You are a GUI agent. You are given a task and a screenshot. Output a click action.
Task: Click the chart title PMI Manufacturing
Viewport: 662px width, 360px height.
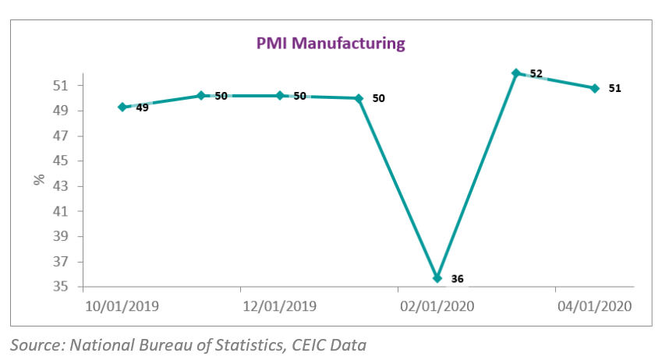click(x=331, y=43)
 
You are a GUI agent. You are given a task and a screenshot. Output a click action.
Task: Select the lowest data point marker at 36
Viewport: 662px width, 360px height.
click(x=437, y=278)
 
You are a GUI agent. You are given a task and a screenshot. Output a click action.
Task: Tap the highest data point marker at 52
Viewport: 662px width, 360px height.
click(x=516, y=73)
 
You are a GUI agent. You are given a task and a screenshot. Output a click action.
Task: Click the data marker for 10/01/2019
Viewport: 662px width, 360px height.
click(x=122, y=107)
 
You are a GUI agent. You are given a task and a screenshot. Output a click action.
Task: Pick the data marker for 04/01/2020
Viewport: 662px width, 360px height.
click(x=595, y=88)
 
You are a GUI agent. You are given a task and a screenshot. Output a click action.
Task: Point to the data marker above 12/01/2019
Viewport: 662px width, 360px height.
click(x=280, y=95)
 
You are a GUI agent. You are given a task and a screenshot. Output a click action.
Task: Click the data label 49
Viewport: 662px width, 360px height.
click(x=142, y=108)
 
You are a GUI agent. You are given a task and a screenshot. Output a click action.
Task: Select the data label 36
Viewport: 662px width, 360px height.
click(x=457, y=278)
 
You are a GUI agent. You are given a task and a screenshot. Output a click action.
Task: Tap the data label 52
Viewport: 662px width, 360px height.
click(x=536, y=74)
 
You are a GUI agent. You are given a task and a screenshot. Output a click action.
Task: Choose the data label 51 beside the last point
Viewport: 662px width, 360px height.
click(x=614, y=88)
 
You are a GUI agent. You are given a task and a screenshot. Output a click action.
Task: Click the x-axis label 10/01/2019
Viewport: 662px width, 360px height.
click(x=122, y=306)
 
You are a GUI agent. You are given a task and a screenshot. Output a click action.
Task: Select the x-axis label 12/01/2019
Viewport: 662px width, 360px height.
click(x=280, y=306)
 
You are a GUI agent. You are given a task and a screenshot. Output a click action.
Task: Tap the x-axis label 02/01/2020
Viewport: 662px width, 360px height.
click(x=437, y=306)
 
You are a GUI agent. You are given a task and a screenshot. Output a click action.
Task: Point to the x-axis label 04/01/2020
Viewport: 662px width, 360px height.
click(x=594, y=306)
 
